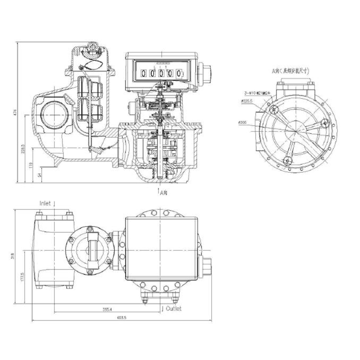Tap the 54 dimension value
(x=38, y=175)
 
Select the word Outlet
(x=173, y=309)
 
